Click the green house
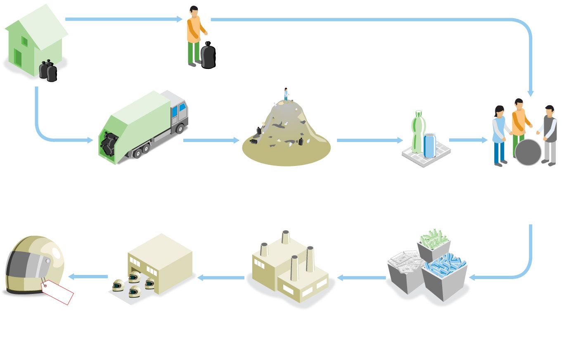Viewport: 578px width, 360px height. point(35,41)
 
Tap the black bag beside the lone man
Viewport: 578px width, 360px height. point(208,56)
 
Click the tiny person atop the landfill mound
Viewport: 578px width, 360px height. point(286,94)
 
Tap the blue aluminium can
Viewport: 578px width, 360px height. point(429,145)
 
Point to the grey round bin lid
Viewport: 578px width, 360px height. point(528,152)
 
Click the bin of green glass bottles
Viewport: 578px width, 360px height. point(433,244)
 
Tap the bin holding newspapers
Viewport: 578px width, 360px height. point(405,270)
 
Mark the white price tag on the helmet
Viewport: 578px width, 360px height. point(58,291)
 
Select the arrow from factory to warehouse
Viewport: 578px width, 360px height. point(221,277)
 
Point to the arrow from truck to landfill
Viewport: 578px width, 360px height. point(211,140)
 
